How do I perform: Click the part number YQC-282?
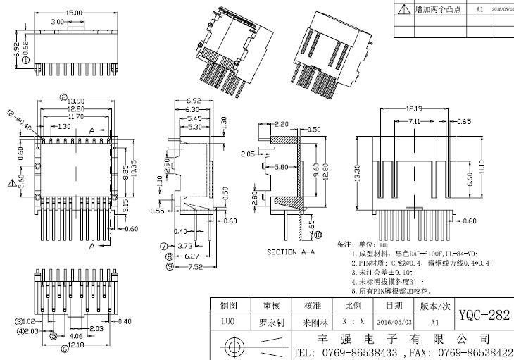click(x=484, y=315)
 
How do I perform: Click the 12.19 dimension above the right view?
click(x=414, y=108)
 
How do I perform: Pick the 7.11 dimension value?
click(x=413, y=122)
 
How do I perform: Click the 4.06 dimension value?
click(x=76, y=337)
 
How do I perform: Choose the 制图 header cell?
click(x=230, y=306)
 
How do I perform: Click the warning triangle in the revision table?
click(x=403, y=9)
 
